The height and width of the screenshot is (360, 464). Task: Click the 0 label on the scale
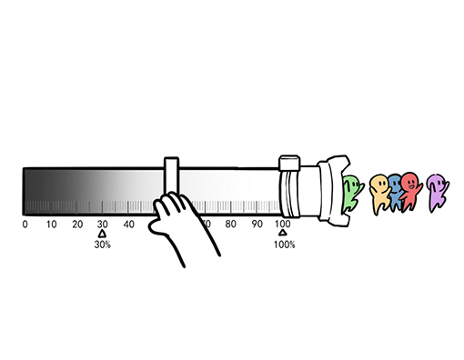[25, 225]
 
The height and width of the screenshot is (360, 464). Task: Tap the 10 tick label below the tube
[51, 225]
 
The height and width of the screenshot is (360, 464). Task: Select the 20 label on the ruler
[77, 225]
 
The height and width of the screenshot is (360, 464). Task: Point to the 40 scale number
[129, 225]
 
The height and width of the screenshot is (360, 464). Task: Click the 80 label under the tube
[231, 225]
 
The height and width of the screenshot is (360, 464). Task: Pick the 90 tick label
[257, 225]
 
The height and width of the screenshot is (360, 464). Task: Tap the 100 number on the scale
[282, 225]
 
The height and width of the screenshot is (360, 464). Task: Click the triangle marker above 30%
[103, 234]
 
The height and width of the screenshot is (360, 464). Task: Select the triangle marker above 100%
[283, 233]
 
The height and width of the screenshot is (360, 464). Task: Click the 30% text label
[103, 245]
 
